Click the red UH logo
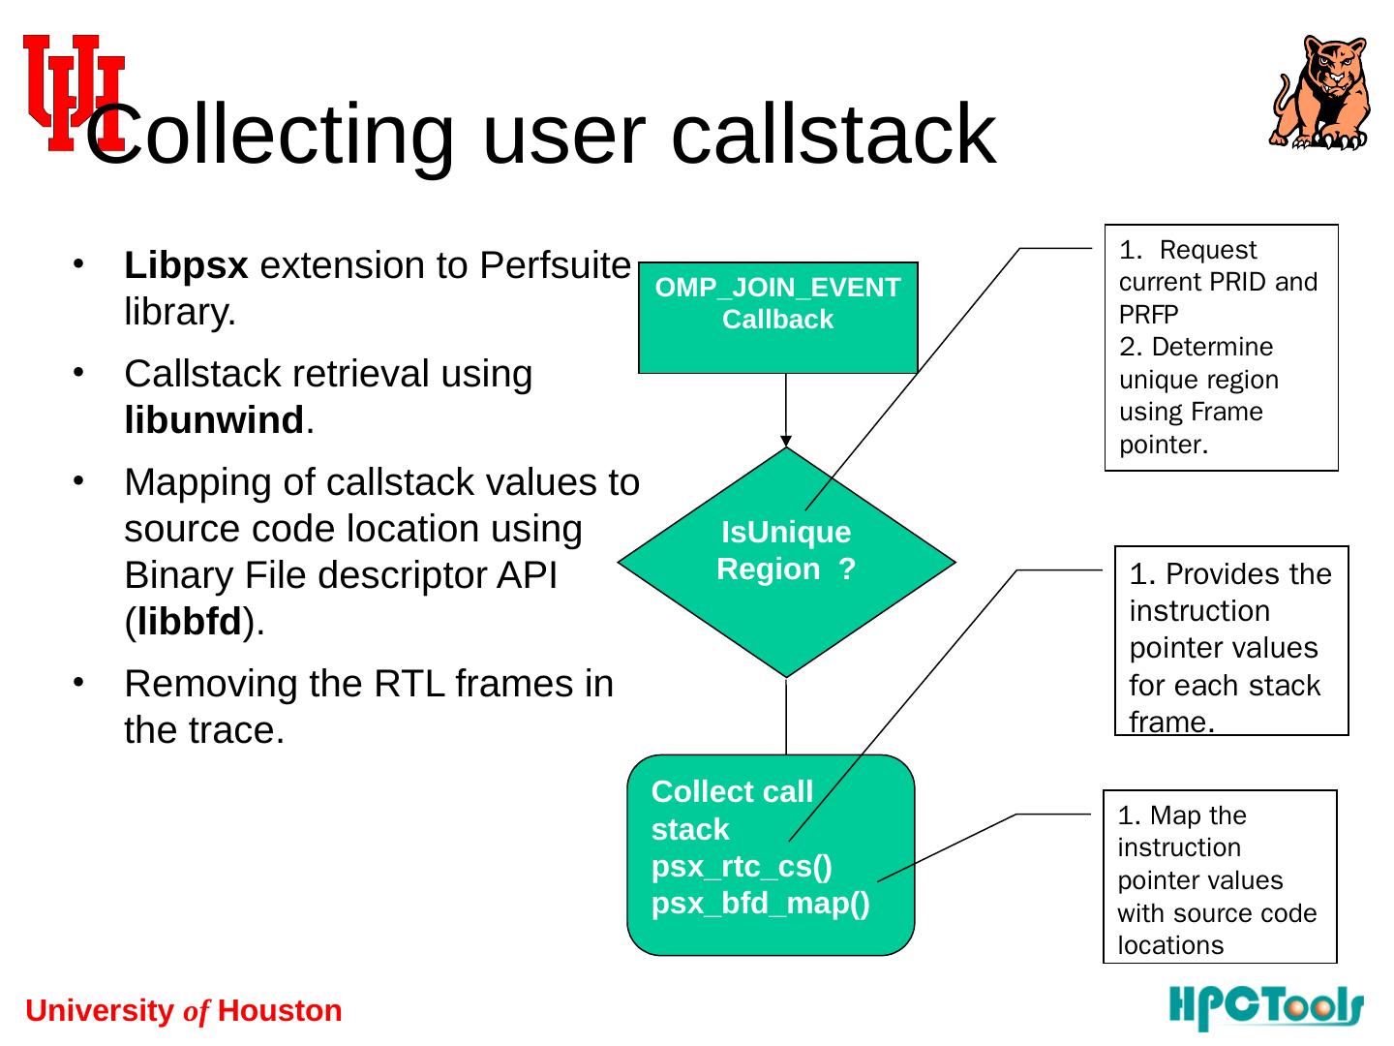pyautogui.click(x=73, y=92)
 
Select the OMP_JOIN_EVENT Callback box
pyautogui.click(x=777, y=318)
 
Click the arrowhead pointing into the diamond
pyautogui.click(x=786, y=442)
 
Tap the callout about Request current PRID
pyautogui.click(x=1221, y=348)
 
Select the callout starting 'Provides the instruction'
pyautogui.click(x=1231, y=641)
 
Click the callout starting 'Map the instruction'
pyautogui.click(x=1220, y=877)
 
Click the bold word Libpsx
pyautogui.click(x=186, y=265)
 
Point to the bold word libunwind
pyautogui.click(x=214, y=421)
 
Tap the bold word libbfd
pyautogui.click(x=189, y=623)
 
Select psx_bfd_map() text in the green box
pyautogui.click(x=761, y=904)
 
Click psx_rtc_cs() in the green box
pyautogui.click(x=742, y=866)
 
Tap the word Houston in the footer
pyautogui.click(x=280, y=1011)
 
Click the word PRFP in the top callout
pyautogui.click(x=1148, y=315)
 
